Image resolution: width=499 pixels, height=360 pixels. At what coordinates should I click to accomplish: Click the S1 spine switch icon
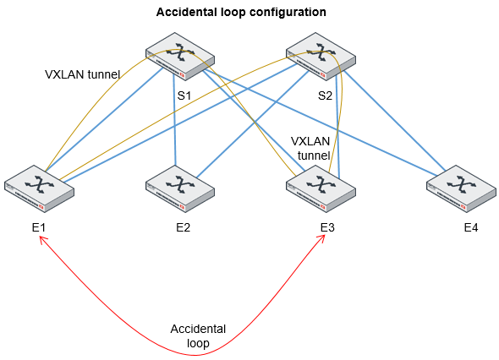tap(180, 55)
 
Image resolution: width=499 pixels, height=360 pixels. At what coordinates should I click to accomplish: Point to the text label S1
tap(184, 95)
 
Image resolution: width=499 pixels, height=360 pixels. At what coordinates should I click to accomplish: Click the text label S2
tap(325, 95)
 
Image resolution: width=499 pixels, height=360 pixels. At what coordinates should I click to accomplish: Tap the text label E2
tap(183, 227)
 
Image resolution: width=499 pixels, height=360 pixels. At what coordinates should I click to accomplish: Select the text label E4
tap(471, 227)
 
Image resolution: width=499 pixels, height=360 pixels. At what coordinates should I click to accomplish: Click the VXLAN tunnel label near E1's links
tap(82, 74)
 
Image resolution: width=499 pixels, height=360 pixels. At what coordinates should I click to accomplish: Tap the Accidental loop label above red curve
tap(198, 335)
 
